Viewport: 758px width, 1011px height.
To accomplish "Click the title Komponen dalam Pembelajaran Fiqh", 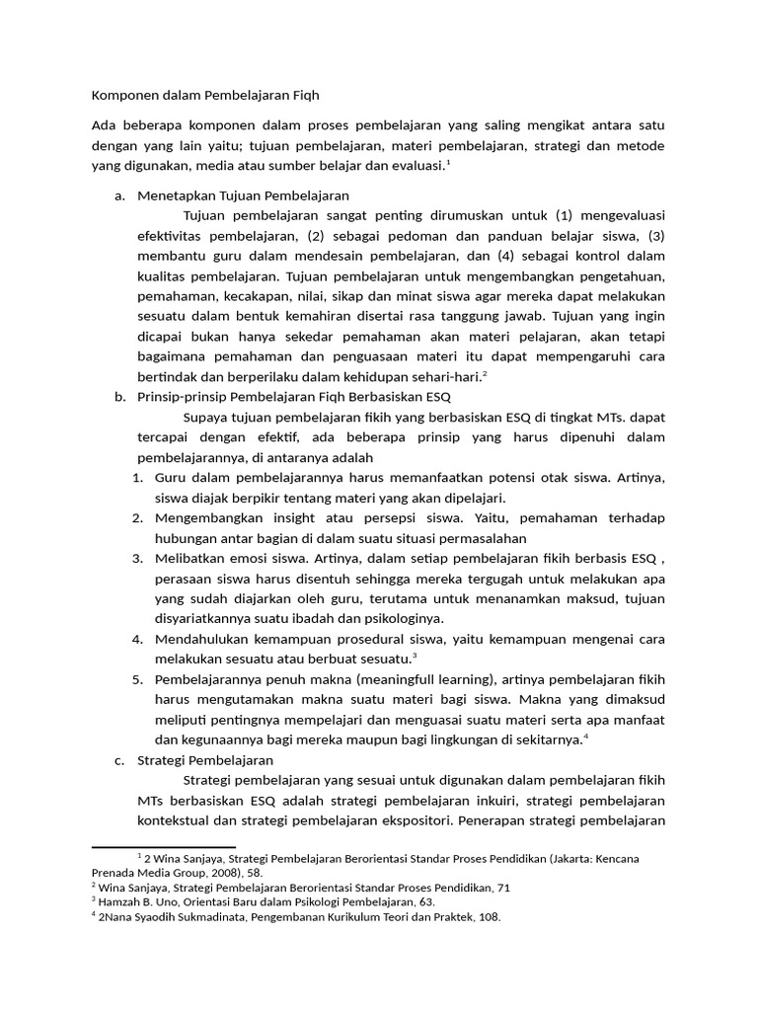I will coord(205,96).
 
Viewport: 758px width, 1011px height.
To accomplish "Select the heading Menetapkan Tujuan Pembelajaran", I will coord(243,195).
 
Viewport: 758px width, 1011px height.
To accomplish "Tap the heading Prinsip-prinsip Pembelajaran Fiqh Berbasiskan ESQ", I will coord(293,397).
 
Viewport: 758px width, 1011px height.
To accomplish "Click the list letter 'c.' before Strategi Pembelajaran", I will coord(118,760).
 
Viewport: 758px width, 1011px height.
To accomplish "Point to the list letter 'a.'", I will coord(119,195).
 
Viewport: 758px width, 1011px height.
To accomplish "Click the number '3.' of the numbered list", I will coord(138,558).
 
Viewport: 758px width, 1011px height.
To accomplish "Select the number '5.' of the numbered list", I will coord(138,679).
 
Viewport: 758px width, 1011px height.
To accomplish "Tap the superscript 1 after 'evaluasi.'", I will coord(448,162).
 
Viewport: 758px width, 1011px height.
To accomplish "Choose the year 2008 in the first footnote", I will coord(222,873).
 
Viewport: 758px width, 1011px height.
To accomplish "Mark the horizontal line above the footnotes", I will coord(163,846).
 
